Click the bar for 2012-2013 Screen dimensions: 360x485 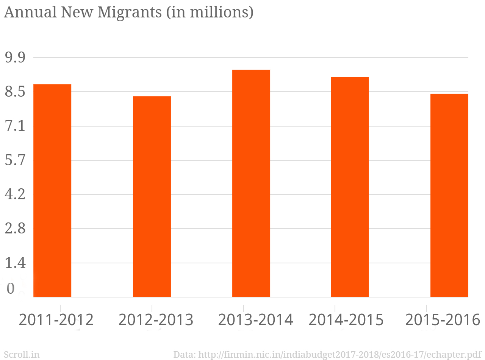(x=152, y=197)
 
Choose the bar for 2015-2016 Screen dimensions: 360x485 (x=449, y=196)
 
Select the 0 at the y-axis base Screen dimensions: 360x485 (x=11, y=289)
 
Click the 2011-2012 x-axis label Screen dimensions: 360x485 (x=56, y=320)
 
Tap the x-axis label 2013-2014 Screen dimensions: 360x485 (x=256, y=320)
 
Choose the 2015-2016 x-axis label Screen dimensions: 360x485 (x=443, y=320)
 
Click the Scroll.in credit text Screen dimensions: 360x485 (x=22, y=354)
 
